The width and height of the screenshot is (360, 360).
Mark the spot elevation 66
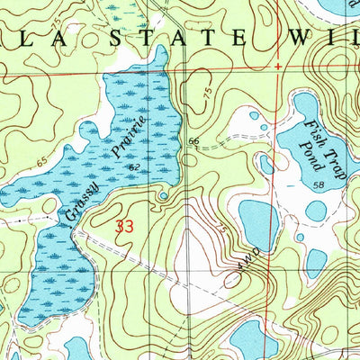193,142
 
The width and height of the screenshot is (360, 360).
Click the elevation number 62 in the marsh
133,166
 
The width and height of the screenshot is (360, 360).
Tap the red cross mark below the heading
277,67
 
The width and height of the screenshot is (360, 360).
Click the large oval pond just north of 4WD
258,220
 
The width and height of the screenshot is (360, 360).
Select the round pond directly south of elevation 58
316,211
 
